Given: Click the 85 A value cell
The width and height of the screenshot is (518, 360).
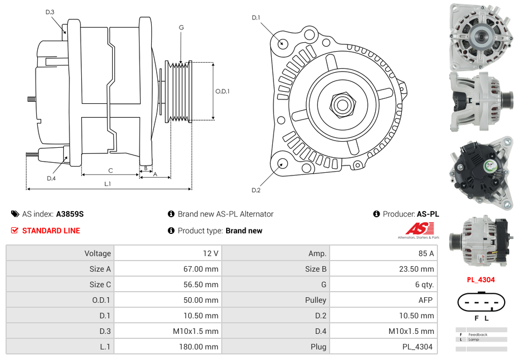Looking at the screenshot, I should tap(426, 253).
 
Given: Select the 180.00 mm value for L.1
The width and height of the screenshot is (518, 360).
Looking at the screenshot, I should tap(202, 347).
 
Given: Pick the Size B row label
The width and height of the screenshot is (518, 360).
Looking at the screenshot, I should tap(312, 269).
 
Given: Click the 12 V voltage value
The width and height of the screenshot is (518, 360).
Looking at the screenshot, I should tap(210, 253).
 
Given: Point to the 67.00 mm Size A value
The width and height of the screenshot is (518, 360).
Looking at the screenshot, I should tap(202, 269).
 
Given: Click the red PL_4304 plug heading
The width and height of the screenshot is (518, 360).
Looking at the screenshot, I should tap(480, 280).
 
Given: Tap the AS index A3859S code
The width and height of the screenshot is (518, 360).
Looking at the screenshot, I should tap(69, 214).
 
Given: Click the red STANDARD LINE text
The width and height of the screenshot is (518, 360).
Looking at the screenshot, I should tap(51, 231).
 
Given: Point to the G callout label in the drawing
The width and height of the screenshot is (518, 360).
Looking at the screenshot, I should tap(181, 27).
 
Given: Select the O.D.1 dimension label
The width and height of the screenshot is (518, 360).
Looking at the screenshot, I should tap(222, 92).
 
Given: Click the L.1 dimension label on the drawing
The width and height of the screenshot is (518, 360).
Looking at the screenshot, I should tap(108, 183).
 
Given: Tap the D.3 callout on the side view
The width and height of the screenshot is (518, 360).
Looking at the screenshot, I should tap(50, 12).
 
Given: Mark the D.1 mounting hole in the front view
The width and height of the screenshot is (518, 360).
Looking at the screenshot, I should tap(283, 43).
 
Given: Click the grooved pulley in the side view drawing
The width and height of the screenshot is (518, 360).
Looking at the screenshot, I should tap(180, 92).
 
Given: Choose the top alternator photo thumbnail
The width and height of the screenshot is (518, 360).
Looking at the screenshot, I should tap(481, 35).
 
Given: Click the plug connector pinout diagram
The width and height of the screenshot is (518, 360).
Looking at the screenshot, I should tap(481, 303).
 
